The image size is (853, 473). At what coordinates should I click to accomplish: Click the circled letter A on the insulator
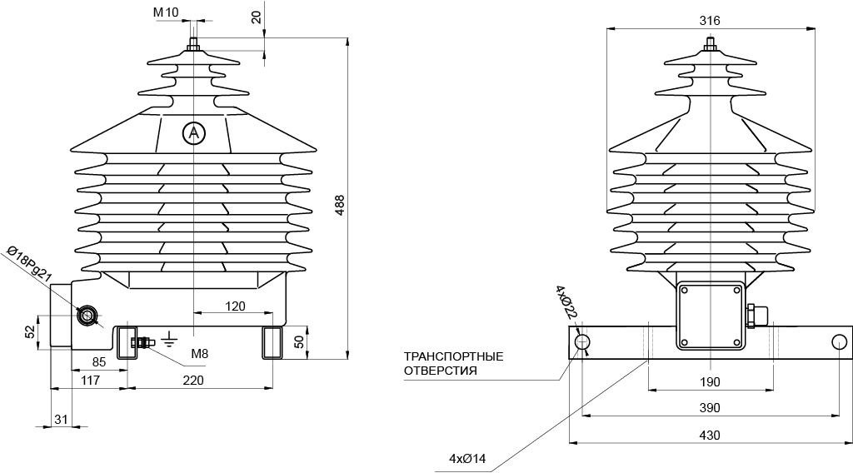(x=193, y=132)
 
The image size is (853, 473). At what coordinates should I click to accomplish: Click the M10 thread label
(x=166, y=12)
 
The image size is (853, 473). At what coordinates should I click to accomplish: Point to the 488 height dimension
(x=340, y=206)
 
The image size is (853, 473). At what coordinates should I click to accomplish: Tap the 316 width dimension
(x=710, y=21)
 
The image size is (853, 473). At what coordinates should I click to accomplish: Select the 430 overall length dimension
(x=710, y=435)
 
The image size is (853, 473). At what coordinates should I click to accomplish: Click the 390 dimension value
(x=710, y=408)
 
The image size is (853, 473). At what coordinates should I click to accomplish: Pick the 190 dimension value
(x=710, y=381)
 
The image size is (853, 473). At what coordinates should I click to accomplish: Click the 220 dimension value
(x=193, y=380)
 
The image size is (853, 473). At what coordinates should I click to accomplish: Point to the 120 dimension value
(x=235, y=306)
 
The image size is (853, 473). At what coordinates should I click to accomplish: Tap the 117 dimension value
(x=90, y=380)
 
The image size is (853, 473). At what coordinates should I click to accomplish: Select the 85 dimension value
(x=99, y=362)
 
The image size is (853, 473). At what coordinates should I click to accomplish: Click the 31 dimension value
(x=61, y=419)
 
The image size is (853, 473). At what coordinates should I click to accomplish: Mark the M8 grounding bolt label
(x=200, y=354)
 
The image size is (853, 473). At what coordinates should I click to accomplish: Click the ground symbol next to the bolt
(x=170, y=339)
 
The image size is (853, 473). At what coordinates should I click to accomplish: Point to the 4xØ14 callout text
(x=467, y=459)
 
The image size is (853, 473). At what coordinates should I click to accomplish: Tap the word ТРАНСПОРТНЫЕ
(x=454, y=356)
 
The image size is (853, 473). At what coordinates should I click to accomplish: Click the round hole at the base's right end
(x=840, y=342)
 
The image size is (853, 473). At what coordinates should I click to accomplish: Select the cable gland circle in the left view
(x=87, y=316)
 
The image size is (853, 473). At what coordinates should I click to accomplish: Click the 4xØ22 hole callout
(x=566, y=301)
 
